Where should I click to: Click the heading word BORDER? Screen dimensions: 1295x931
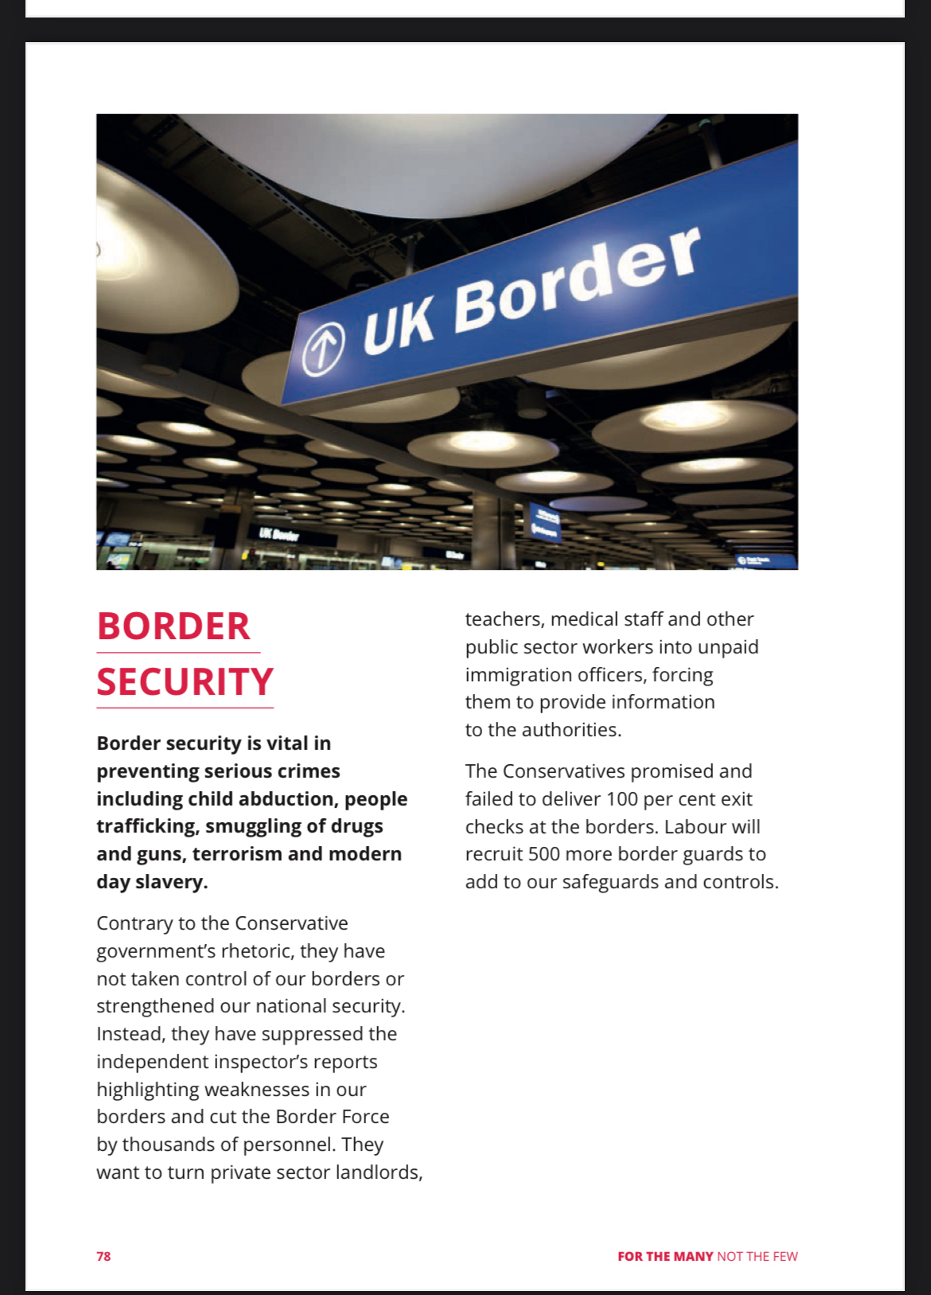[x=173, y=626]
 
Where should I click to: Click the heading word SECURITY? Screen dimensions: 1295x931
[x=185, y=682]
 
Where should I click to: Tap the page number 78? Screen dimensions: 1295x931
[x=103, y=1256]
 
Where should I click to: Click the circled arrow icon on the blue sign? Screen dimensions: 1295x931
[x=323, y=349]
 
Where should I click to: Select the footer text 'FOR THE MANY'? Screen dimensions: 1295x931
[x=665, y=1256]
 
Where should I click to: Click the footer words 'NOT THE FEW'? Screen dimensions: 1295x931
[x=757, y=1256]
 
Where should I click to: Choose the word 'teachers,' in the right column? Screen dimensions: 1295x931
[x=504, y=619]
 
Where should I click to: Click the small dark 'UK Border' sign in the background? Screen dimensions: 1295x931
[x=279, y=534]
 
